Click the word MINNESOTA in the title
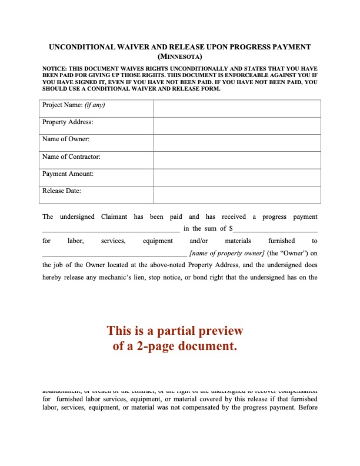pos(180,57)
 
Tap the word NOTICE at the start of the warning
pos(54,69)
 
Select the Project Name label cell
pos(98,109)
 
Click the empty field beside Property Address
pos(237,126)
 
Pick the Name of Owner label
pos(66,139)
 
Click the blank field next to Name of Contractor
pos(237,160)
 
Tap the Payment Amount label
pos(68,174)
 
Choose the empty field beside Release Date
pos(237,195)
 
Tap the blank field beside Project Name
pos(237,109)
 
